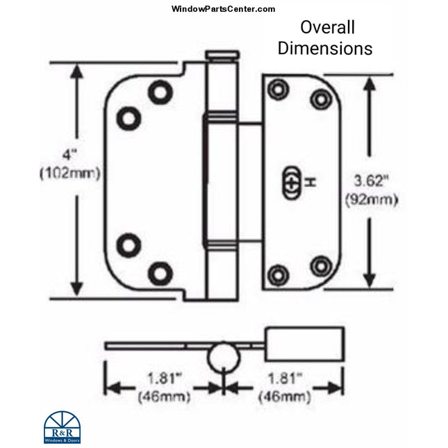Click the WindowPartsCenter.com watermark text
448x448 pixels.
223,9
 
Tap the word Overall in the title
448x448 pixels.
327,27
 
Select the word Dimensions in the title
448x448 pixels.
325,49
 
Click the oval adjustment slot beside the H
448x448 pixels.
292,183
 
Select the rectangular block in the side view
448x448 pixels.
304,345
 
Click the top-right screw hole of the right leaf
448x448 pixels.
320,99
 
